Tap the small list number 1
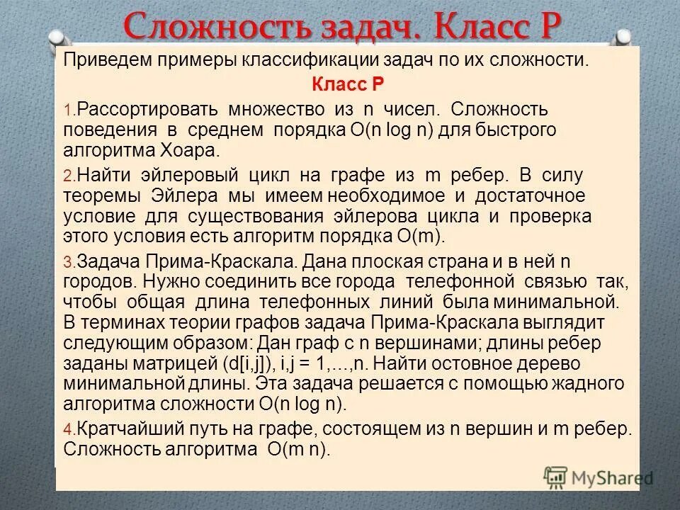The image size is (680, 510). coord(68,112)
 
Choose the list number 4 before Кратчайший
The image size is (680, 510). coord(68,431)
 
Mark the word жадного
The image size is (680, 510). coord(587,383)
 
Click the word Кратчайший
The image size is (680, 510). coord(132,429)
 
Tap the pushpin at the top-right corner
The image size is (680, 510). coord(623,37)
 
